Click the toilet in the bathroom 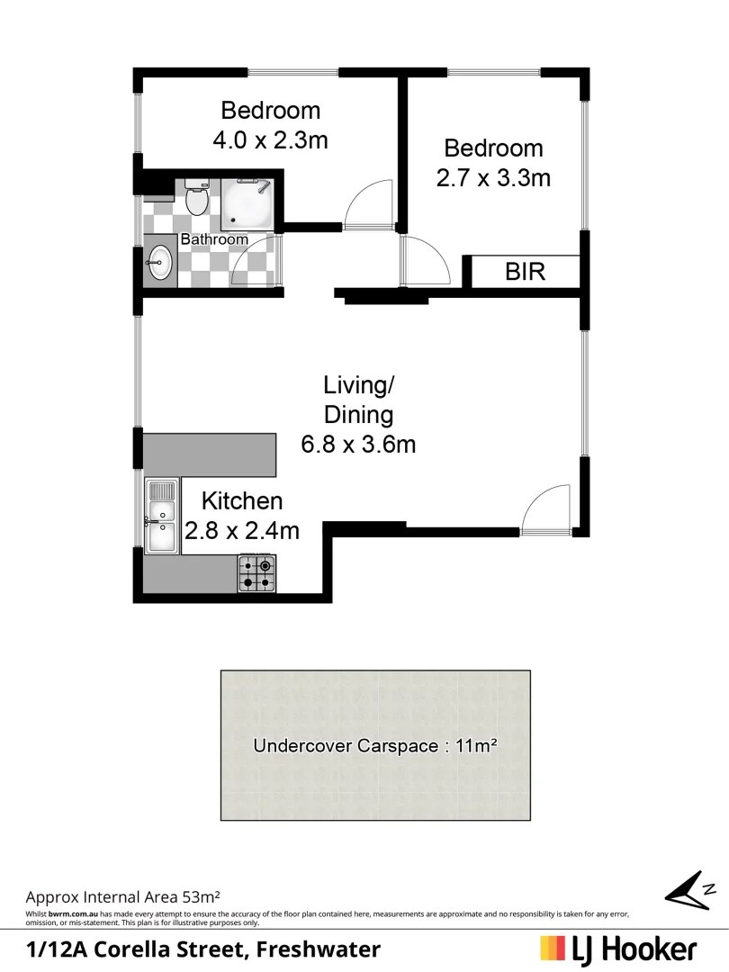coord(197,198)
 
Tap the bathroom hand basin coord(160,263)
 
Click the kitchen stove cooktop coord(256,573)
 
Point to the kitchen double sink coord(162,517)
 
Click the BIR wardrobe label coord(526,271)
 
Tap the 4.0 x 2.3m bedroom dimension coord(270,140)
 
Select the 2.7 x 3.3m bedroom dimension coord(493,177)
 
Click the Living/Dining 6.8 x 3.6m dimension coord(358,444)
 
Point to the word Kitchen coord(241,501)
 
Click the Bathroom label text coord(214,239)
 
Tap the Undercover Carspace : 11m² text coord(375,745)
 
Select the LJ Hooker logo coord(618,949)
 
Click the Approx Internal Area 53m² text coord(123,896)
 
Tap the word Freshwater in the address coord(319,949)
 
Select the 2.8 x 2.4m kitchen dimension coord(241,531)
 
